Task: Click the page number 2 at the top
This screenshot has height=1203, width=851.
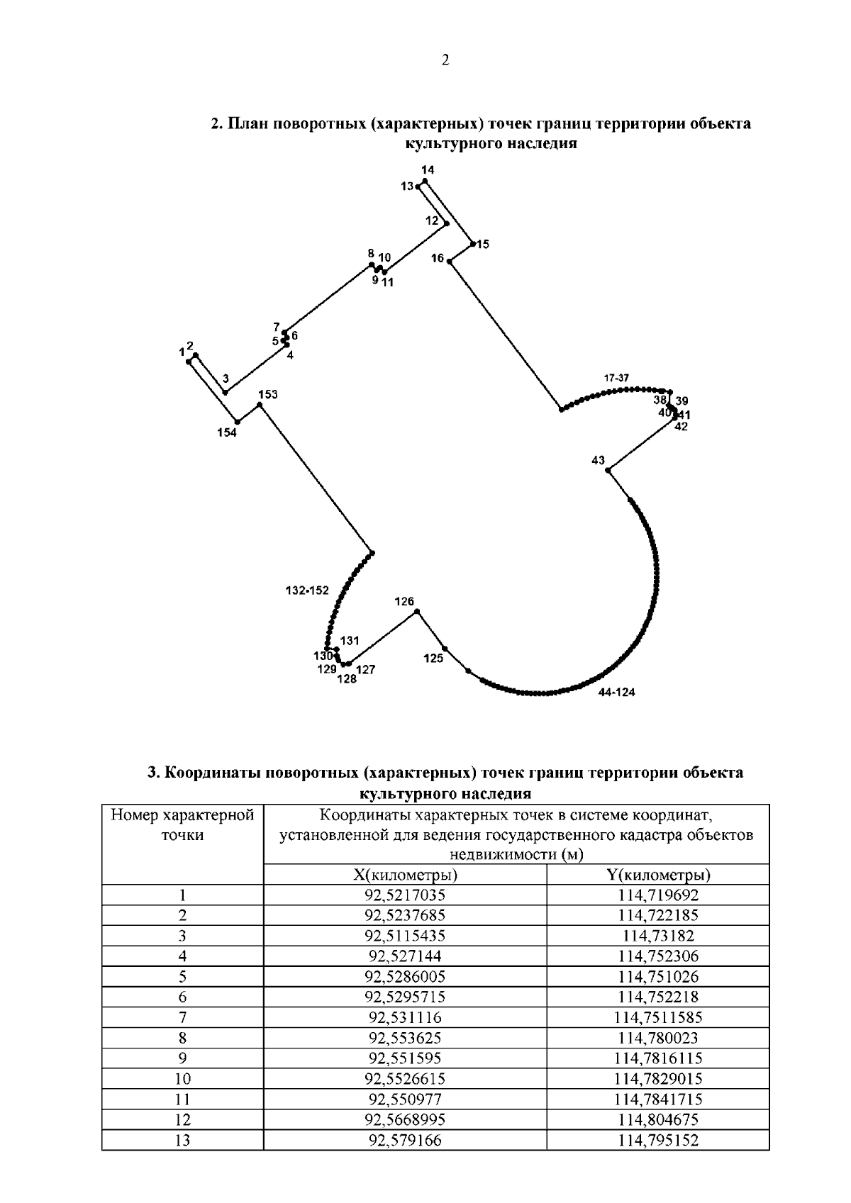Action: (445, 61)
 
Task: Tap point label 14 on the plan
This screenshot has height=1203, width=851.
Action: (428, 170)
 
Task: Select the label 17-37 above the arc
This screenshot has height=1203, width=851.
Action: (616, 378)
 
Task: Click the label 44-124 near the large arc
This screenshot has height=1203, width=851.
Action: (616, 693)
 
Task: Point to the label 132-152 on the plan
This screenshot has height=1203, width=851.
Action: (308, 591)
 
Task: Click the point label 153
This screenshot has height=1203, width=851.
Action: (267, 395)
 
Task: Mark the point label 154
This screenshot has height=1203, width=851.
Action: (227, 433)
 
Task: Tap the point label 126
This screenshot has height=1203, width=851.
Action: (404, 602)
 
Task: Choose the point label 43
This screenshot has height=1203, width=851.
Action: (598, 461)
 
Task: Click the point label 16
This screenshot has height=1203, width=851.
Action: (437, 258)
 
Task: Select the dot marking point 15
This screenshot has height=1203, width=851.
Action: (473, 244)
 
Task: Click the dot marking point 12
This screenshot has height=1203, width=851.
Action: (446, 225)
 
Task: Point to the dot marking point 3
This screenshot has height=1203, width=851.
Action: (226, 392)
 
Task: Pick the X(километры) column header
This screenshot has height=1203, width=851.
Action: (405, 874)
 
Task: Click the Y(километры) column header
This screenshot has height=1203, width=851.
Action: (659, 874)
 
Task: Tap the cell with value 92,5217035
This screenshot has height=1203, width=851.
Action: (405, 895)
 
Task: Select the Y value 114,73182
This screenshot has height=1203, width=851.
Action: (659, 935)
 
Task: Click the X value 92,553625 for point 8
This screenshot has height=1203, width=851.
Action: (405, 1038)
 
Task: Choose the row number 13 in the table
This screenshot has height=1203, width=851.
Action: (182, 1140)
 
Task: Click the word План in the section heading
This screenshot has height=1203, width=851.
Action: (249, 125)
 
